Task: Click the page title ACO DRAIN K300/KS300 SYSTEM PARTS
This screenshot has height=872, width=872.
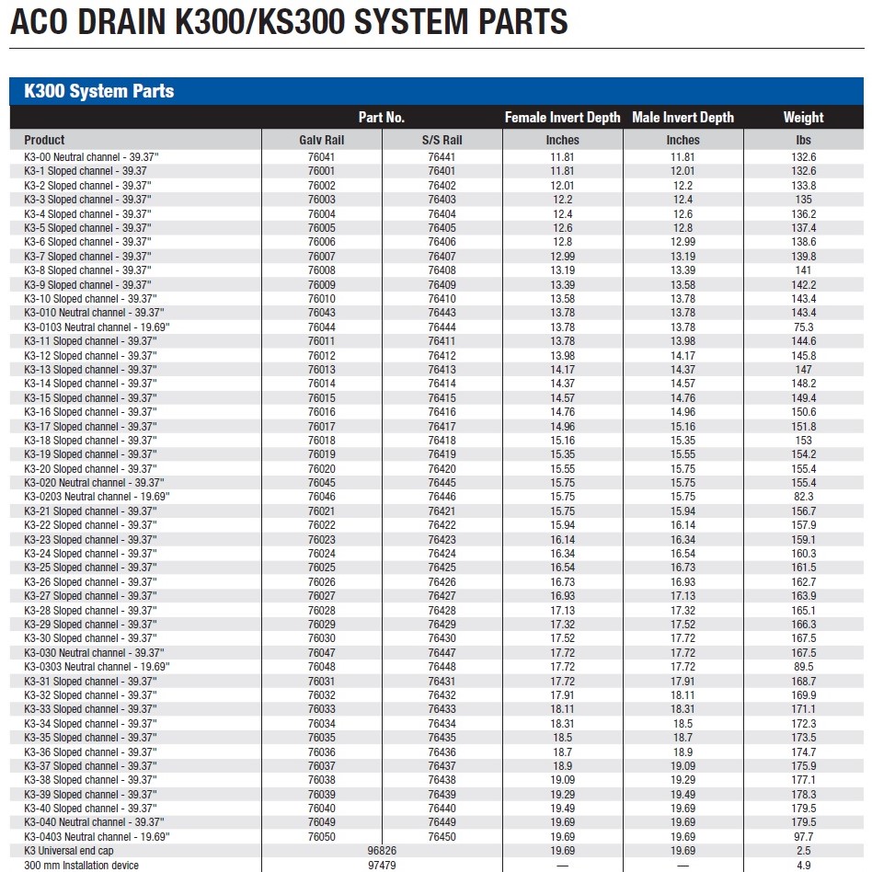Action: point(289,22)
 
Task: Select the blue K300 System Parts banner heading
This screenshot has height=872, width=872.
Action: point(99,91)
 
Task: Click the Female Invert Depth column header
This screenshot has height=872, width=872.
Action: point(563,118)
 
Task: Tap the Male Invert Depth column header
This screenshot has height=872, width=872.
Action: point(683,118)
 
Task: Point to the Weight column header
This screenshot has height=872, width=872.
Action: point(803,118)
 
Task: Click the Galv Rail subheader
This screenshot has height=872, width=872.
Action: point(322,140)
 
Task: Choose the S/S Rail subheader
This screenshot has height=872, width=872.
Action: point(442,140)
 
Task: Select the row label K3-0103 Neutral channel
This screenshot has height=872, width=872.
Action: point(97,327)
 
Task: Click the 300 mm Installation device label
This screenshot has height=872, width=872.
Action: point(81,866)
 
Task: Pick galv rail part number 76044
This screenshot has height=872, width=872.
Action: point(322,327)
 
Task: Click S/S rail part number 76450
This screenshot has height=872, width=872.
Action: point(442,837)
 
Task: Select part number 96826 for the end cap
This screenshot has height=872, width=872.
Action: point(382,851)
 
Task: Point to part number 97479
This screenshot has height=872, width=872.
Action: point(382,866)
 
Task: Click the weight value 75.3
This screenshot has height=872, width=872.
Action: point(804,327)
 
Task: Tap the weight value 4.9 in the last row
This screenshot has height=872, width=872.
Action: point(804,866)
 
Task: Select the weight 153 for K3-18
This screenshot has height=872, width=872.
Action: point(804,441)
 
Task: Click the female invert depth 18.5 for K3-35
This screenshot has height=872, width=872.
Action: point(563,738)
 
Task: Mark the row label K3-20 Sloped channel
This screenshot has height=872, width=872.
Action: point(90,469)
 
